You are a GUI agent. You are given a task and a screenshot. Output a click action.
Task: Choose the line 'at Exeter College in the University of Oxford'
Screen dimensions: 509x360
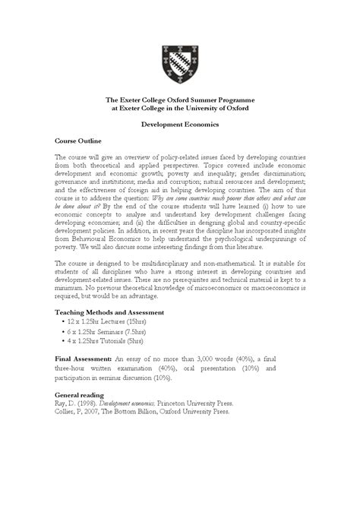(180, 108)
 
